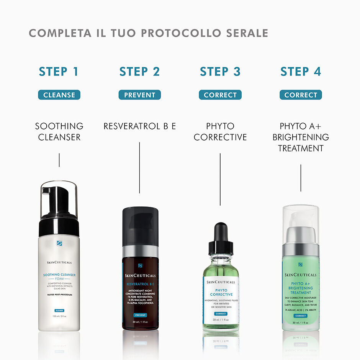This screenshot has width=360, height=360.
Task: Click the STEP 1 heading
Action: [59, 72]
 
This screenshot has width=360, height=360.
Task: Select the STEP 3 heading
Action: [220, 72]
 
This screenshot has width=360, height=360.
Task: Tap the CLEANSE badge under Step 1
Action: [59, 95]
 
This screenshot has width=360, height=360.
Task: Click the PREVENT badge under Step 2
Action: [139, 95]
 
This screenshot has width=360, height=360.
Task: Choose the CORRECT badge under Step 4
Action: [301, 95]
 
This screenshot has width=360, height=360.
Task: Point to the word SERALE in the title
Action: [246, 33]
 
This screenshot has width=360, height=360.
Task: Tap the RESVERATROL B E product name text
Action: [139, 126]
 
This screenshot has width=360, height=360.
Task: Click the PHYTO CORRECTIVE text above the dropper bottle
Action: [220, 131]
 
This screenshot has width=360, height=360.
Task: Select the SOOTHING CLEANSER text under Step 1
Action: [59, 131]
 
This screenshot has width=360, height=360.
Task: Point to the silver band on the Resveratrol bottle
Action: [140, 251]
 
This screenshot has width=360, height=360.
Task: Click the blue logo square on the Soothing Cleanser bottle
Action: [59, 243]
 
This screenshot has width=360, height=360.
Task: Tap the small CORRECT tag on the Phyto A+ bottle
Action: [301, 316]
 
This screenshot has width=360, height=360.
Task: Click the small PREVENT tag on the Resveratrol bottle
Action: [140, 315]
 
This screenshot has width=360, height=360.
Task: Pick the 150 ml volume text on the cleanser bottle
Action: [59, 316]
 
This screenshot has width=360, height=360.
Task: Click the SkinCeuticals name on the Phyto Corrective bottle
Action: [221, 282]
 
